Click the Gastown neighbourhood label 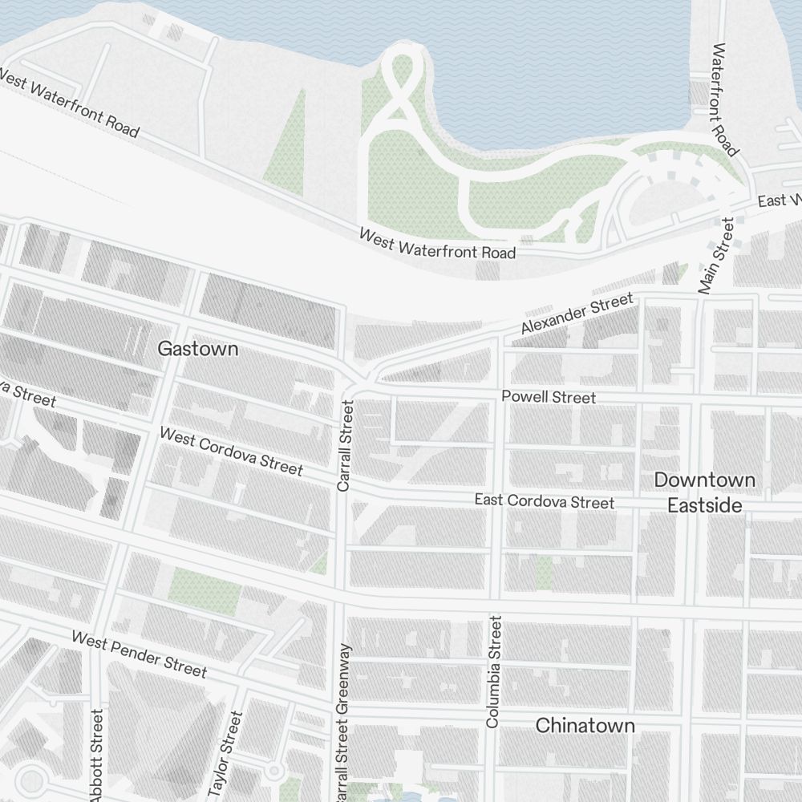point(197,349)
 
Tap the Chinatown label point(585,726)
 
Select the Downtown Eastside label point(704,492)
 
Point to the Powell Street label point(549,398)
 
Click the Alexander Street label point(577,314)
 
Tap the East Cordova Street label point(544,501)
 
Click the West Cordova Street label point(231,451)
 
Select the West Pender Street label point(139,654)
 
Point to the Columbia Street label point(493,671)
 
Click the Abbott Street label point(97,754)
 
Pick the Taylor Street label point(225,754)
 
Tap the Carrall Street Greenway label point(342,722)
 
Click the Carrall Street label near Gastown point(345,445)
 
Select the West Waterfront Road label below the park point(437,244)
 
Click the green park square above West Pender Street point(205,588)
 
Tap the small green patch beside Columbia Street point(544,572)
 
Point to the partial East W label point(779,200)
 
